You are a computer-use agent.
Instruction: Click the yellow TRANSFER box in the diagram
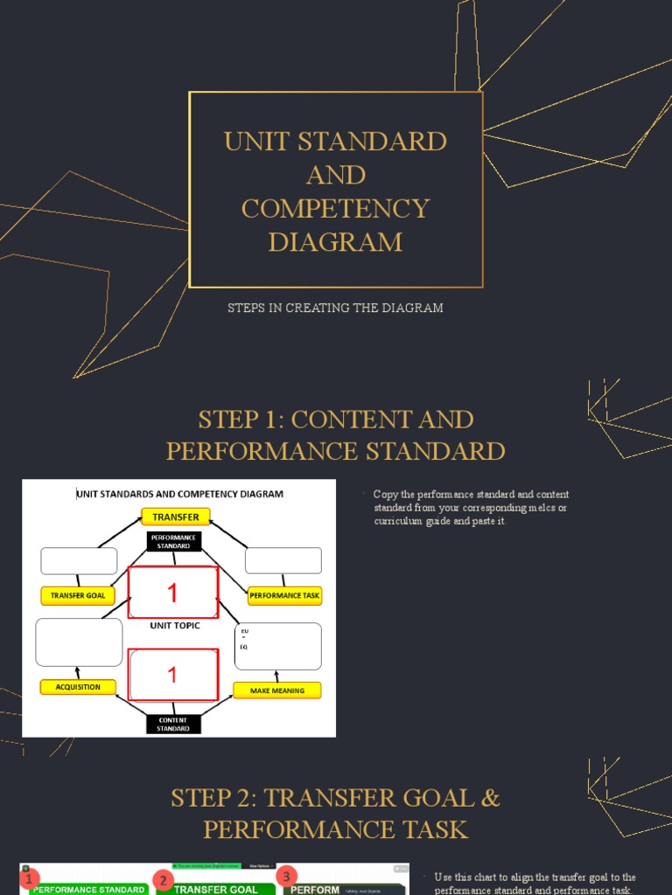tap(176, 517)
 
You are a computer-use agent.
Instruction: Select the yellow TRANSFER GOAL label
tap(78, 596)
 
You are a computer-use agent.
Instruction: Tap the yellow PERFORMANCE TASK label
tap(284, 596)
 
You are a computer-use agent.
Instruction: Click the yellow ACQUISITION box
tap(78, 687)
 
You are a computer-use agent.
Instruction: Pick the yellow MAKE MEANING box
tap(276, 690)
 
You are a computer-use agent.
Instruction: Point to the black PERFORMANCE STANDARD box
tap(173, 541)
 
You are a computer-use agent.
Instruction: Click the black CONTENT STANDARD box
tap(173, 724)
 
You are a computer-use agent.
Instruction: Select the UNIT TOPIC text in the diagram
tap(174, 626)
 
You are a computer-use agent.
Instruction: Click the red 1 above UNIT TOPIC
tap(172, 593)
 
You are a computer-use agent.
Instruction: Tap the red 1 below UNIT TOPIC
tap(172, 675)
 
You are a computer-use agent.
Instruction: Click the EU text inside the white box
tap(244, 630)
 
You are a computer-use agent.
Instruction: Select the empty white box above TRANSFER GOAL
tap(79, 561)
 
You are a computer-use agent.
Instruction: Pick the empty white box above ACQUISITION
tap(79, 642)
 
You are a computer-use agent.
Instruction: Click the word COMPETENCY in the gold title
tap(335, 208)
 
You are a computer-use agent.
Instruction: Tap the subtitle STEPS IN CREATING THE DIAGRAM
tap(335, 308)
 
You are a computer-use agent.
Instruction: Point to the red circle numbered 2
tap(162, 879)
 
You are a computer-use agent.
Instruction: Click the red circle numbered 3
tap(286, 875)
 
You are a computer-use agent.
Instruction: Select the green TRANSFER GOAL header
tap(216, 889)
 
